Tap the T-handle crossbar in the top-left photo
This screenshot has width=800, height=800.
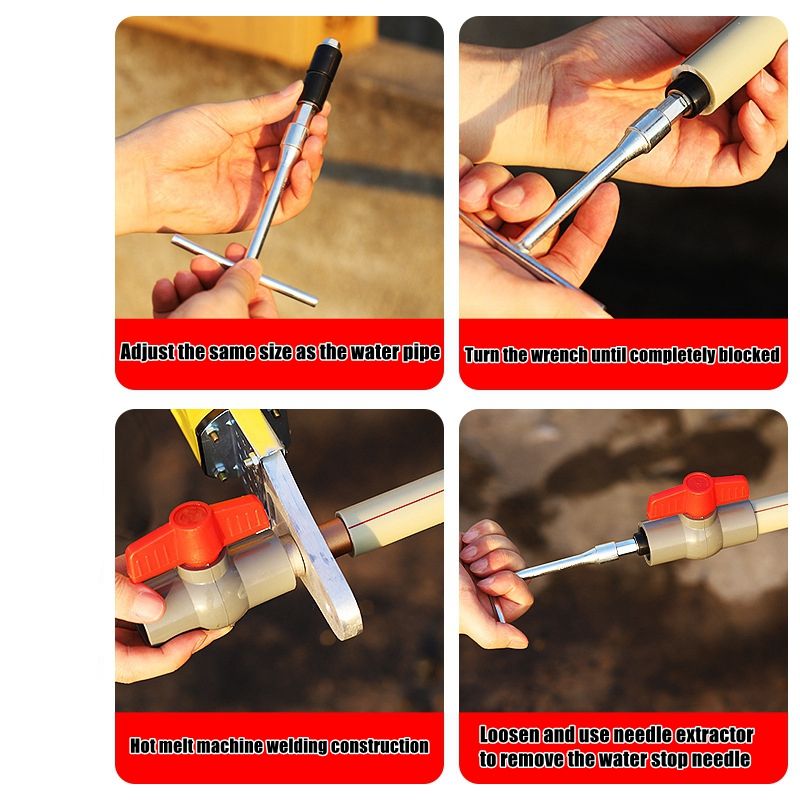coord(244,270)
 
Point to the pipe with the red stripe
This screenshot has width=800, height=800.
coord(390,513)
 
